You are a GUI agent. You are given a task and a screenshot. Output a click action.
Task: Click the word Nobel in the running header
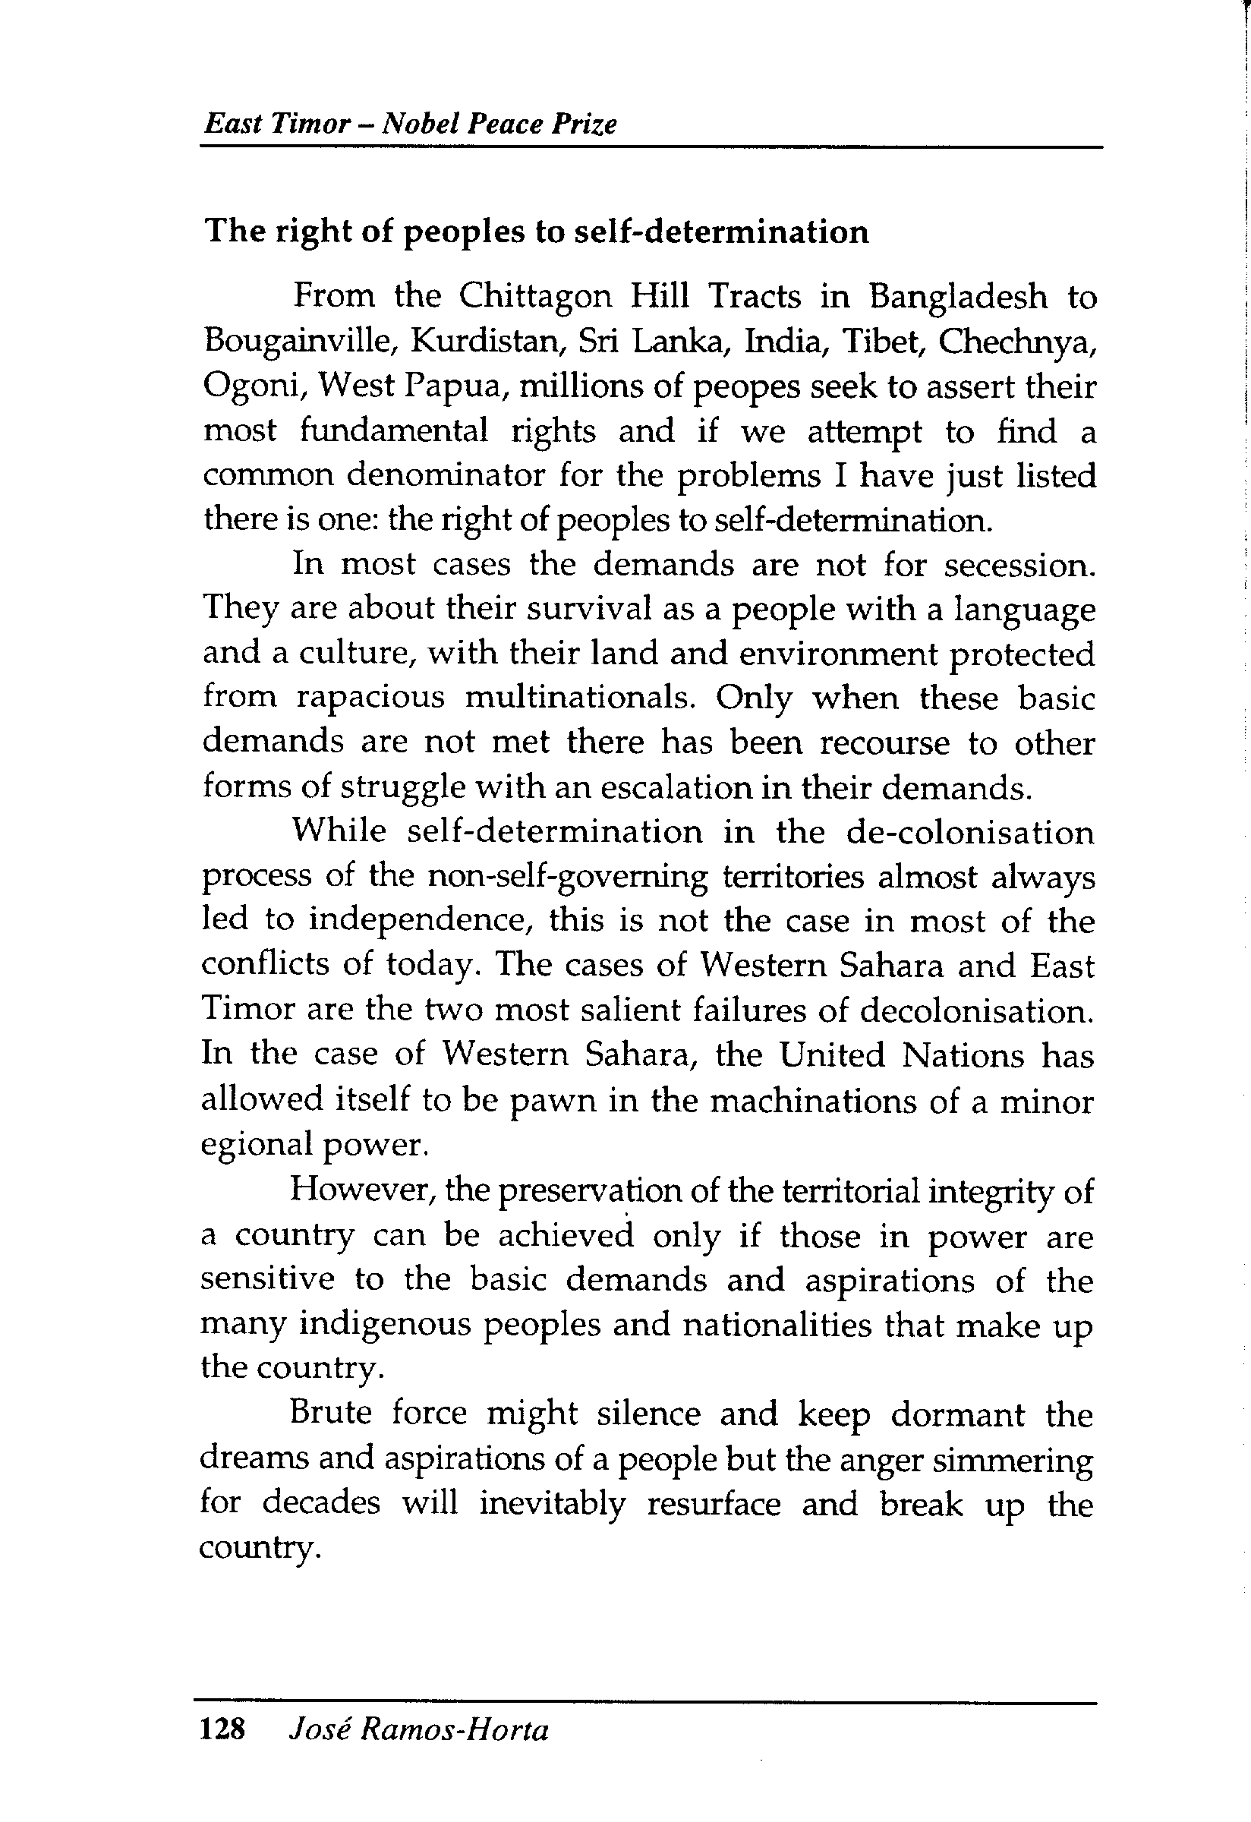[420, 124]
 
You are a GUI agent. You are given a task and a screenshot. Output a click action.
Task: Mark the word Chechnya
[1016, 342]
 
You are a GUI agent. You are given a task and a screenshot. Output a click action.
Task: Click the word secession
[1018, 566]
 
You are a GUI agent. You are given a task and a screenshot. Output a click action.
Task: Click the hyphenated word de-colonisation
[969, 832]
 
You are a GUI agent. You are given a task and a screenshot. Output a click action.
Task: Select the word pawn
[548, 1102]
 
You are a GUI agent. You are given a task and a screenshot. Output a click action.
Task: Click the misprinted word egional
[251, 1146]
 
